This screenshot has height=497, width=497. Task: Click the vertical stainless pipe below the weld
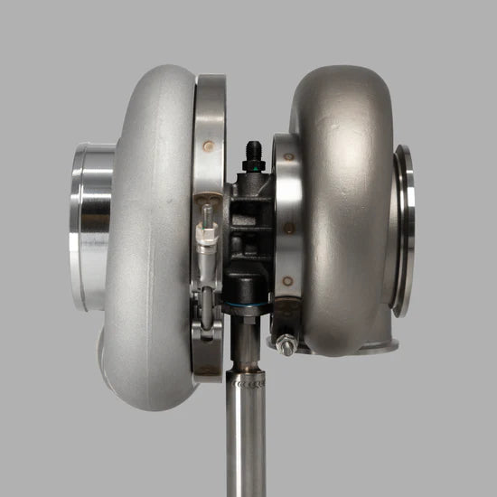click(248, 443)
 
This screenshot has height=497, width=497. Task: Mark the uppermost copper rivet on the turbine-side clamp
click(288, 156)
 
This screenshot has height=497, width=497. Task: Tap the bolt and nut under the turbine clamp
click(288, 342)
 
